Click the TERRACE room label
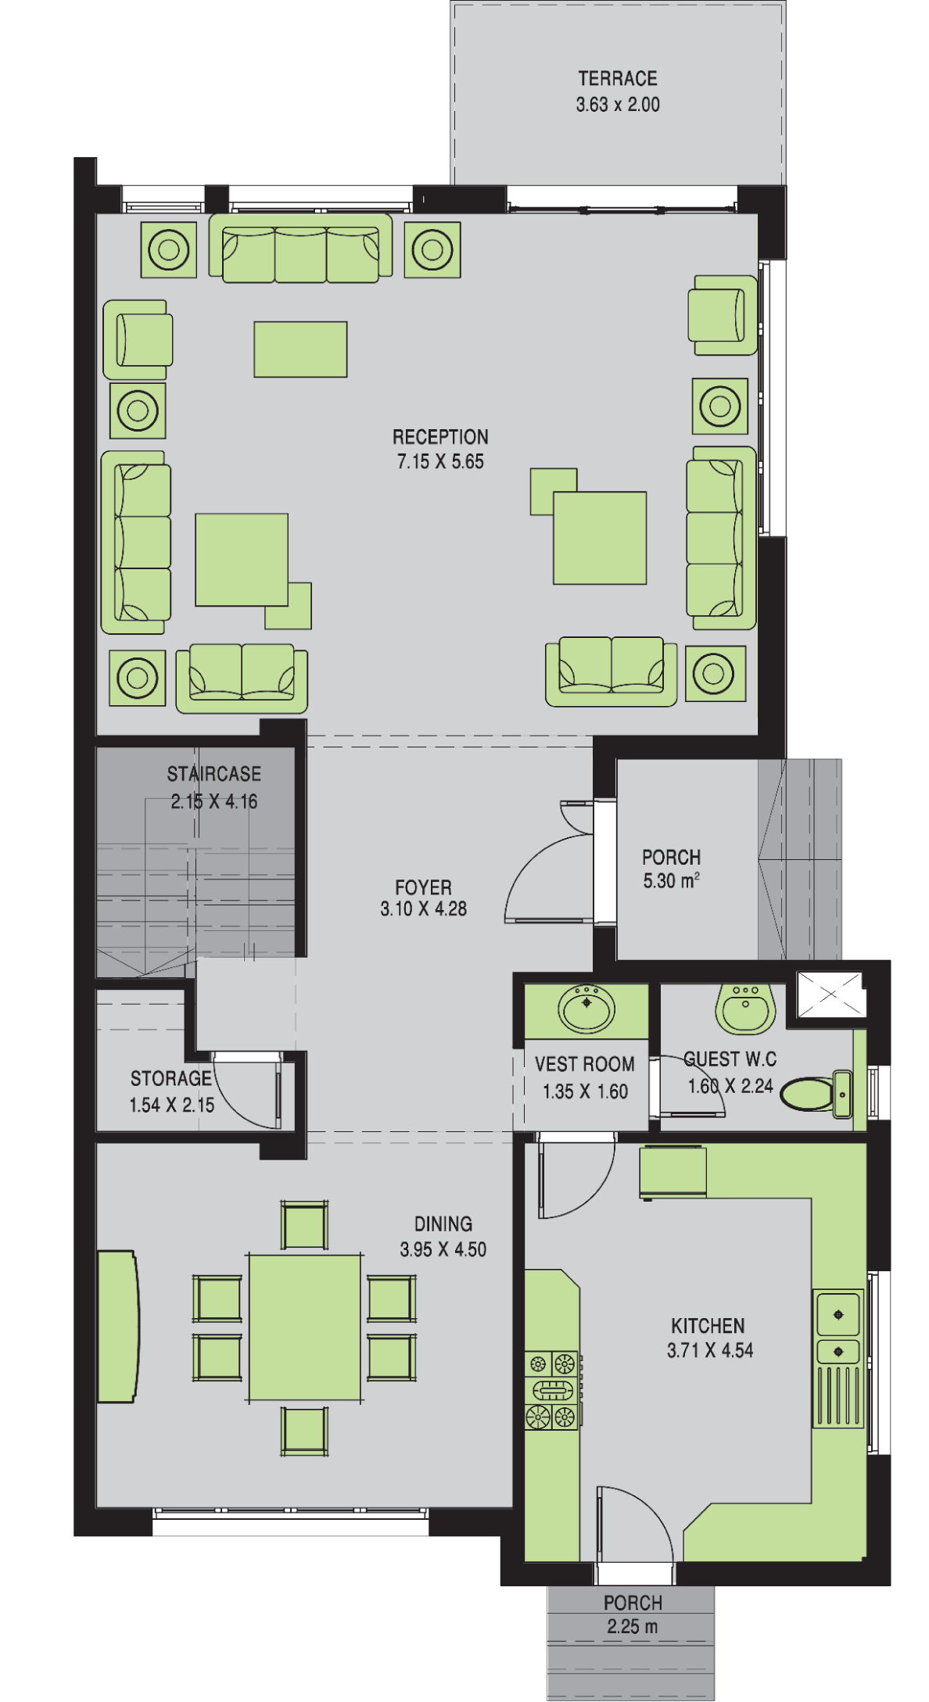[617, 78]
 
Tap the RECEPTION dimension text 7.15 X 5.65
[440, 462]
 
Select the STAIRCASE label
[213, 774]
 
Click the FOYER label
[423, 887]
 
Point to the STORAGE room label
[170, 1079]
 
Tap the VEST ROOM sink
[586, 1009]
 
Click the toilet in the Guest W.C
[816, 1091]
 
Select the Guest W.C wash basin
[746, 1007]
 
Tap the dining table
[305, 1328]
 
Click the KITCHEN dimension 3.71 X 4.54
[710, 1350]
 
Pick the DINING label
[443, 1224]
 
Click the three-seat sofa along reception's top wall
[301, 248]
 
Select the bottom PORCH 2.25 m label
[633, 1614]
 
